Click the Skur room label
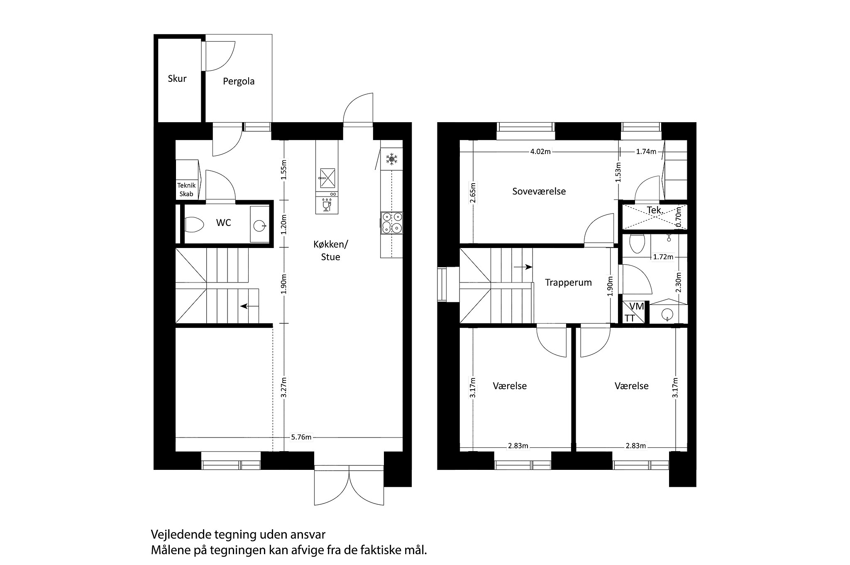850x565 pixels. (177, 79)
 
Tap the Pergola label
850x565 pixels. (239, 81)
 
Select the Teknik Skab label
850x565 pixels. (186, 190)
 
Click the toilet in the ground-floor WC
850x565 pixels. (194, 225)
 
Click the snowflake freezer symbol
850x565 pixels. (391, 159)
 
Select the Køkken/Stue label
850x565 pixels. (331, 251)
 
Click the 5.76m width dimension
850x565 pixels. (301, 437)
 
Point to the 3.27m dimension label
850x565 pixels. (284, 387)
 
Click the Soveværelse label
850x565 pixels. (539, 191)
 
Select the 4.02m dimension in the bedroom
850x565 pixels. (540, 152)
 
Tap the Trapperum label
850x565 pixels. (568, 282)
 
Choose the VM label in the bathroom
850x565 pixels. (637, 307)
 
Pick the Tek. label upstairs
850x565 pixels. (655, 210)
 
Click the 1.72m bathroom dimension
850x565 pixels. (663, 257)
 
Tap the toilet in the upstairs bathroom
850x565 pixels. (637, 243)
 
